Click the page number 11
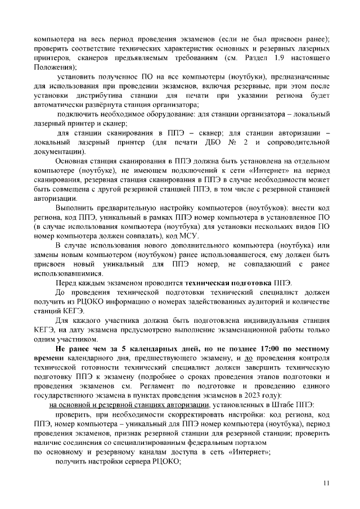pos(327,483)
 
